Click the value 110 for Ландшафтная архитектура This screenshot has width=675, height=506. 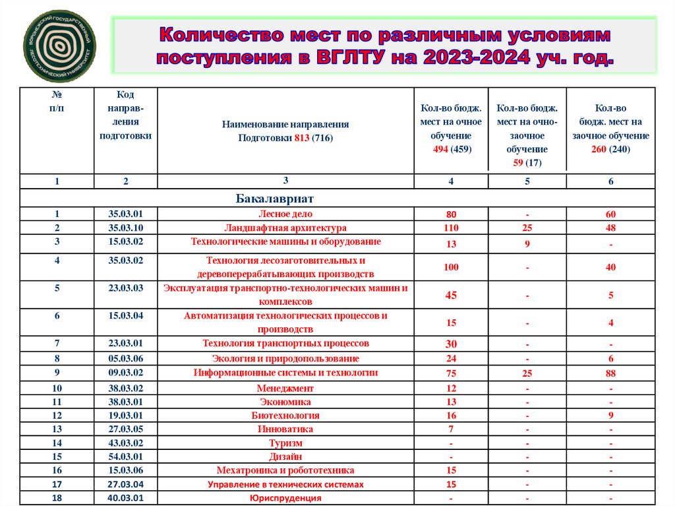click(451, 228)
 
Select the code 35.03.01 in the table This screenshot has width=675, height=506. click(126, 214)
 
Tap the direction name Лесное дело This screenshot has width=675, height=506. click(285, 214)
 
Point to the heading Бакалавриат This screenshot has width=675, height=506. click(274, 199)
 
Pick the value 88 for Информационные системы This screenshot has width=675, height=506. click(610, 373)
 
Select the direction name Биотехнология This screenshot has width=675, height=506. click(285, 416)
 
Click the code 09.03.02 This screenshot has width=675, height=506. click(126, 373)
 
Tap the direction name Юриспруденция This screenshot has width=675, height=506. click(285, 498)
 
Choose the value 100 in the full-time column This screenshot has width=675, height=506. click(451, 267)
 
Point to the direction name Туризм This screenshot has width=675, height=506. click(285, 443)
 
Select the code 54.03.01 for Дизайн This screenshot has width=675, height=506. click(126, 457)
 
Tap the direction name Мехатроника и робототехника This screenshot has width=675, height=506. click(285, 470)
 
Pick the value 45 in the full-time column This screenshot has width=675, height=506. click(451, 295)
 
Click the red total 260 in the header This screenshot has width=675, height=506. click(599, 150)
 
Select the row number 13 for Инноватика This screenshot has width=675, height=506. click(57, 429)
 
